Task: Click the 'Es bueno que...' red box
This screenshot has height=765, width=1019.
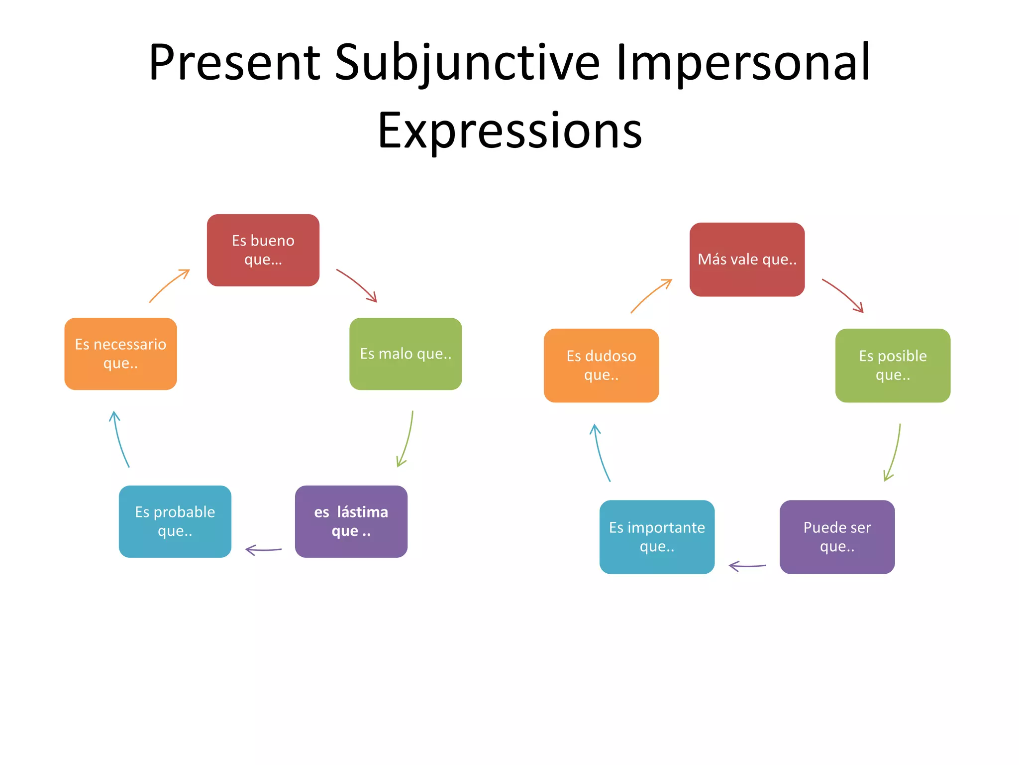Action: (x=263, y=250)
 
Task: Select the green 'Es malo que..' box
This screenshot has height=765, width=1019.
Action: (x=406, y=354)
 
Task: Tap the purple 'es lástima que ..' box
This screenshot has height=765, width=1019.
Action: (x=351, y=521)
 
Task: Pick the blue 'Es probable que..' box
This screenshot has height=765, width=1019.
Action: (x=175, y=521)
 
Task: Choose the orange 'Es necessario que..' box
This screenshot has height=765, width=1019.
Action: (x=120, y=354)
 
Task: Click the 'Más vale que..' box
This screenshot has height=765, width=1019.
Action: (x=746, y=259)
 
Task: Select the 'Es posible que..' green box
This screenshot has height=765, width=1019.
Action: (x=893, y=365)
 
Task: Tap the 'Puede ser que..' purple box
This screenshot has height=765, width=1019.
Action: (x=837, y=536)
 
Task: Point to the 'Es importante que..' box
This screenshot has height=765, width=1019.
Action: (x=657, y=536)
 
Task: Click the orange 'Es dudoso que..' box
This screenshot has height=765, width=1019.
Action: (x=601, y=365)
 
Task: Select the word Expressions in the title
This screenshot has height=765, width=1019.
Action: (x=509, y=130)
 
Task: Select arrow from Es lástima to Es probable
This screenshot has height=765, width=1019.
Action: (x=264, y=550)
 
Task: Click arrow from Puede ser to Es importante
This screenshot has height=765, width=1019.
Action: (x=747, y=566)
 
